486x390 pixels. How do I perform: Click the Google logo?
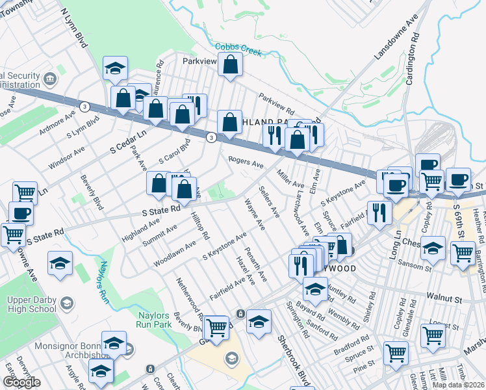pyautogui.click(x=21, y=382)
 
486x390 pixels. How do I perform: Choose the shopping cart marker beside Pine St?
pyautogui.click(x=396, y=354)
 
